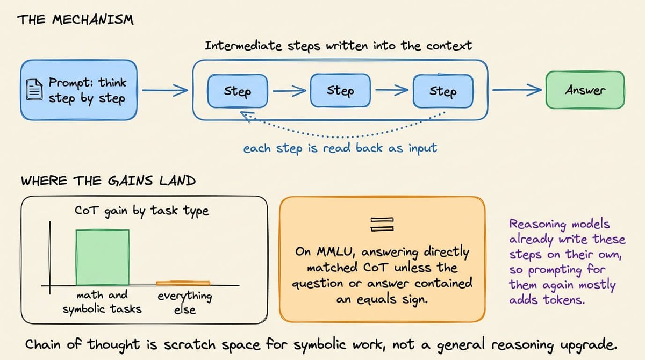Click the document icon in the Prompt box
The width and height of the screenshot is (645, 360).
tap(34, 90)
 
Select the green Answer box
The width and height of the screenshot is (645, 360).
tap(585, 90)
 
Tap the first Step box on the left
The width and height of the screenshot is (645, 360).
tap(238, 91)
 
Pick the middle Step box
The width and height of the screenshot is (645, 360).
tap(340, 91)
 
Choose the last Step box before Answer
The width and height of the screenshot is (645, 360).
tap(443, 91)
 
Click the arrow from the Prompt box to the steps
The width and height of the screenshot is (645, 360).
tap(165, 90)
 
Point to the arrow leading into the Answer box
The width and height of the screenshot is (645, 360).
tap(517, 90)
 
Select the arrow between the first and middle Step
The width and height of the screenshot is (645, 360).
tap(289, 91)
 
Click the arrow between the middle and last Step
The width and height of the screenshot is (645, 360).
tap(392, 90)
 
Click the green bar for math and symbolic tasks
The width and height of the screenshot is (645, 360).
tap(103, 257)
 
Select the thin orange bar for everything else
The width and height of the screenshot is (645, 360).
tap(183, 283)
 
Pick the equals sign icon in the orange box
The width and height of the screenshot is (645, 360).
tap(382, 224)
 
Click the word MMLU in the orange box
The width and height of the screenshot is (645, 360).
tap(334, 252)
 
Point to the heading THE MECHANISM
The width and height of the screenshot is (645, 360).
tap(75, 20)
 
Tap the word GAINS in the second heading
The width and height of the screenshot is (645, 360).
tap(130, 181)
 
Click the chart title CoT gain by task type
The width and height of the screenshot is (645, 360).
tap(142, 211)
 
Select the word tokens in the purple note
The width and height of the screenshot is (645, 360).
tap(564, 300)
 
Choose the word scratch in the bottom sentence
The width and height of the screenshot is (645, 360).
tap(189, 344)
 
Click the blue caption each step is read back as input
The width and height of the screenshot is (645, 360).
tap(340, 148)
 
